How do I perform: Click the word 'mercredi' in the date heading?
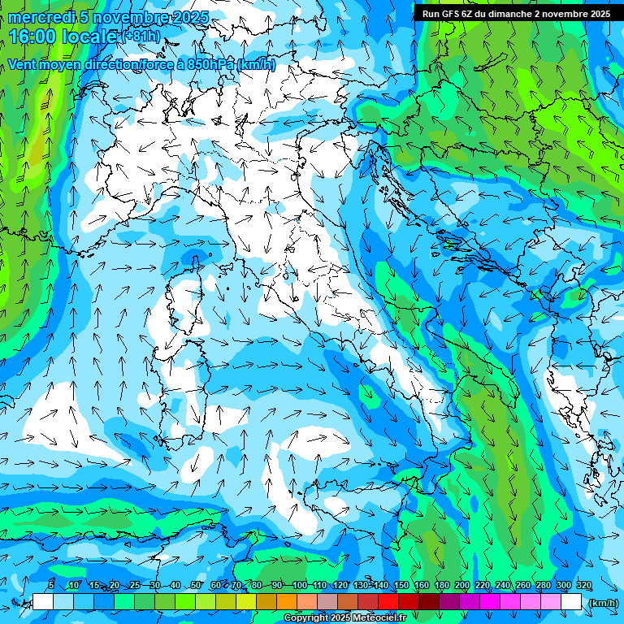41,17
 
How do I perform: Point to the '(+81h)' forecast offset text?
141,37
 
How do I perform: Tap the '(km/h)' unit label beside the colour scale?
602,602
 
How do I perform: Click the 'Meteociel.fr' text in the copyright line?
382,618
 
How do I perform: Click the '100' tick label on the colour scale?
299,586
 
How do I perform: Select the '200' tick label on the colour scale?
461,586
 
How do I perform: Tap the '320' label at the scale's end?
583,586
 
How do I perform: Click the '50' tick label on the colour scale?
197,586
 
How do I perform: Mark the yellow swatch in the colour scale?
246,602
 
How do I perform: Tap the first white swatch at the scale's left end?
43,602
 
